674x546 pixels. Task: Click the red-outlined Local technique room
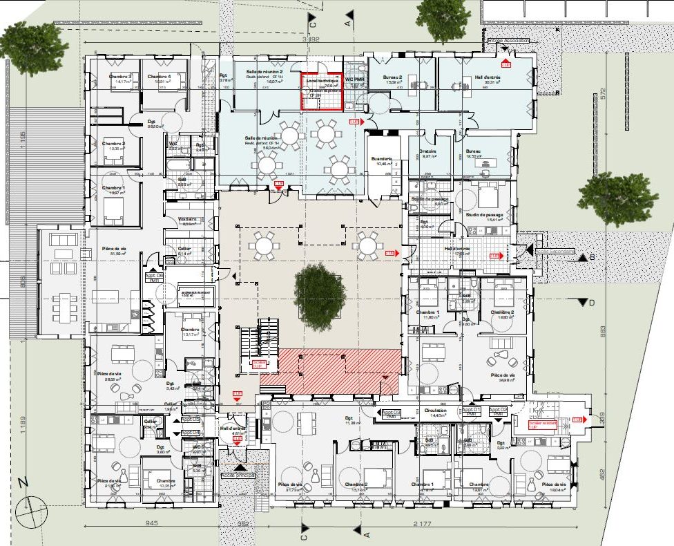click(322, 91)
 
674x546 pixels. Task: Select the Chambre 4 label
click(159, 76)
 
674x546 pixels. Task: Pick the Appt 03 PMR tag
click(390, 413)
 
